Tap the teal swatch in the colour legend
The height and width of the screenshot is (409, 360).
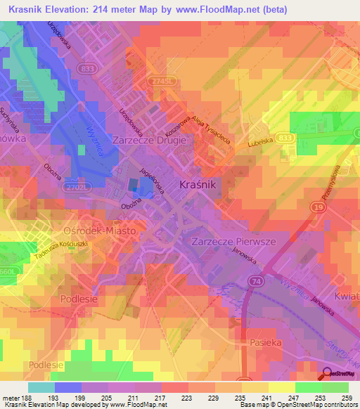click(x=41, y=387)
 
